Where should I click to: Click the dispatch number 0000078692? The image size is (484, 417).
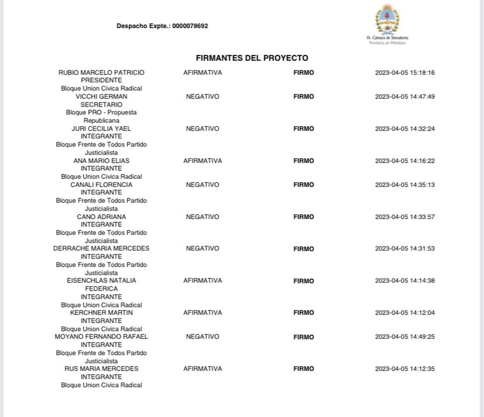[x=190, y=26]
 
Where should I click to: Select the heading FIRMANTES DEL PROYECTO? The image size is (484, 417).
[x=252, y=58]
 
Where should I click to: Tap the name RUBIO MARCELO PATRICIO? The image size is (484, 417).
[x=101, y=73]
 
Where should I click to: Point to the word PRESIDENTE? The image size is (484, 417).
[x=101, y=80]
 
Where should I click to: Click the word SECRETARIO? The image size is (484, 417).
[x=101, y=104]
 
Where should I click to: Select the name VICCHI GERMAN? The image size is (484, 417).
[x=101, y=97]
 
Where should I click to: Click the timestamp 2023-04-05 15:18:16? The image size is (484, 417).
[x=405, y=73]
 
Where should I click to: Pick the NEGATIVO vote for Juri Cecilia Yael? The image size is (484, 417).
[x=202, y=129]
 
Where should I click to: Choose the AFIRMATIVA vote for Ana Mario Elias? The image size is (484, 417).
[x=202, y=161]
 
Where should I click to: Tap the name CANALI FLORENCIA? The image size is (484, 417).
[x=101, y=185]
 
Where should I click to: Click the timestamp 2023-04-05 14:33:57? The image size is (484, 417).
[x=405, y=217]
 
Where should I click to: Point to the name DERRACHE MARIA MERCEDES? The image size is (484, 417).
[x=101, y=249]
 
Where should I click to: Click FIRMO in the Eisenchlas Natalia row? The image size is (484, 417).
[x=304, y=281]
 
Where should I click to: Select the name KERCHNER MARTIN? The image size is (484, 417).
[x=101, y=313]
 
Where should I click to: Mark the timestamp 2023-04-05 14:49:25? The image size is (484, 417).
[x=405, y=337]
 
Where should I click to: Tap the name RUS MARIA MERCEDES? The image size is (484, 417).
[x=101, y=369]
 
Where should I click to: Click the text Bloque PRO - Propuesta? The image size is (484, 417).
[x=101, y=112]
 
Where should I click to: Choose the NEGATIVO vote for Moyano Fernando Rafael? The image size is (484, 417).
[x=202, y=337]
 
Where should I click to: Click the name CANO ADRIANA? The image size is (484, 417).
[x=101, y=217]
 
